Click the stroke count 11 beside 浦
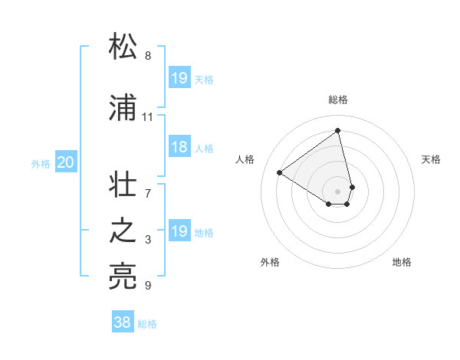(147, 117)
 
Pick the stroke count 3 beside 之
(147, 240)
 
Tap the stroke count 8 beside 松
(147, 56)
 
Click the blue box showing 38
(123, 323)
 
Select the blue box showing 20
(66, 162)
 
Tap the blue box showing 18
(179, 148)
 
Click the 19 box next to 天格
(179, 78)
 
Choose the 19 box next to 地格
(179, 231)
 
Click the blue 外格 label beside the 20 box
(41, 163)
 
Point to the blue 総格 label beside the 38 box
(147, 324)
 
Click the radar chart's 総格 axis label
(338, 100)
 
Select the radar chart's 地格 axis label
(402, 262)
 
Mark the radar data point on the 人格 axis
(280, 172)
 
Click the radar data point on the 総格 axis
(338, 131)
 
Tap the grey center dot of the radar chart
(338, 191)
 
